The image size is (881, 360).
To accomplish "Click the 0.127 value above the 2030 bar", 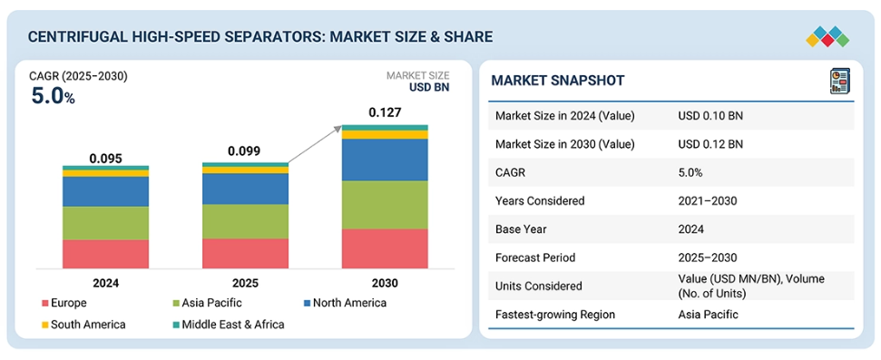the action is (x=385, y=112).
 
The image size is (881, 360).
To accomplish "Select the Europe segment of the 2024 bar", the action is (x=105, y=254).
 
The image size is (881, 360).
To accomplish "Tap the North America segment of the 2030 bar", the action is (x=385, y=160).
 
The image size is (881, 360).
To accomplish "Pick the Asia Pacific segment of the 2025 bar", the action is (x=246, y=221).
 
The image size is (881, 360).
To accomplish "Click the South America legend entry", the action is (x=83, y=325).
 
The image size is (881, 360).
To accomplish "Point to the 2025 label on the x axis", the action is (x=246, y=283).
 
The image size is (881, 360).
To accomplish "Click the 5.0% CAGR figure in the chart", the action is (x=53, y=97).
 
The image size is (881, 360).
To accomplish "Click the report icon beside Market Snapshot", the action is (x=839, y=81).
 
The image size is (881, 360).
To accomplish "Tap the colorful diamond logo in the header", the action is (x=827, y=37).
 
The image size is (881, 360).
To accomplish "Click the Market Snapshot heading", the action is (x=557, y=81).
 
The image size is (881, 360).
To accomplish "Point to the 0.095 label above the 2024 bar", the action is (x=105, y=159).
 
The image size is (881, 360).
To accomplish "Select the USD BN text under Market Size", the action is (x=427, y=87).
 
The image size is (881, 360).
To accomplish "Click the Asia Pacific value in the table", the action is (x=708, y=315).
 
